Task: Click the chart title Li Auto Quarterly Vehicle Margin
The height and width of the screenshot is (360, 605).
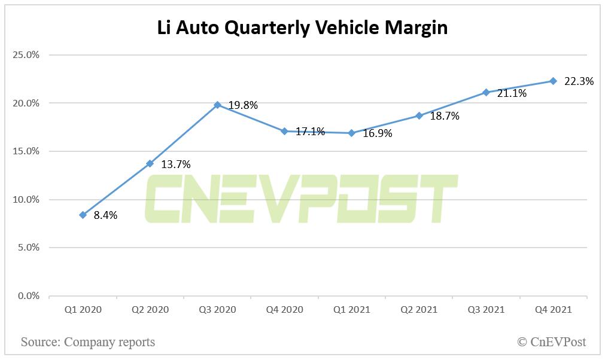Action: tap(302, 28)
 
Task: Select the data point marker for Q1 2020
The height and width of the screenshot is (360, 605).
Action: tap(83, 215)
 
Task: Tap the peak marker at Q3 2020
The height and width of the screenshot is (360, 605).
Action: tap(218, 105)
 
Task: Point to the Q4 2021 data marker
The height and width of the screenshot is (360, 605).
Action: tap(553, 81)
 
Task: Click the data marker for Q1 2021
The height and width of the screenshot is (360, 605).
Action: tap(352, 133)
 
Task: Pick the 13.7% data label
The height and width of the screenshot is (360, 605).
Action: tap(176, 164)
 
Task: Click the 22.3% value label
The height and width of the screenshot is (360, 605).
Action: tap(579, 81)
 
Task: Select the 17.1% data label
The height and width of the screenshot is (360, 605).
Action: tap(310, 132)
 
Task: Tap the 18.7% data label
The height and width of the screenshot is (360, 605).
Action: tap(445, 116)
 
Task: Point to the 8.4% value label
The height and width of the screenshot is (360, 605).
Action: tap(105, 215)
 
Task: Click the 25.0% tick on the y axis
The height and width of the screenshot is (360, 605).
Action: tap(26, 55)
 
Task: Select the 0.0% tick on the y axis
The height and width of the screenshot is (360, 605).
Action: tap(28, 296)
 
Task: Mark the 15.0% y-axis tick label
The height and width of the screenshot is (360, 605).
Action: tap(26, 151)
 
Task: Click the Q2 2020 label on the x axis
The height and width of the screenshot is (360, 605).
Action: tap(150, 310)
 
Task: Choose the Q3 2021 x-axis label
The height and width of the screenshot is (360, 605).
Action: tap(485, 310)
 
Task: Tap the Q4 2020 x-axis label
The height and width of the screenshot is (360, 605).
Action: tap(284, 310)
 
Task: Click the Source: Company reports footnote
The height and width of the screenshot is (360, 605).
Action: tap(88, 342)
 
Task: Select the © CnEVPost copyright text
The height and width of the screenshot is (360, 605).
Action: tap(551, 342)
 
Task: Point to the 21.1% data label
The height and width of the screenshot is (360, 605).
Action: tap(512, 93)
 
